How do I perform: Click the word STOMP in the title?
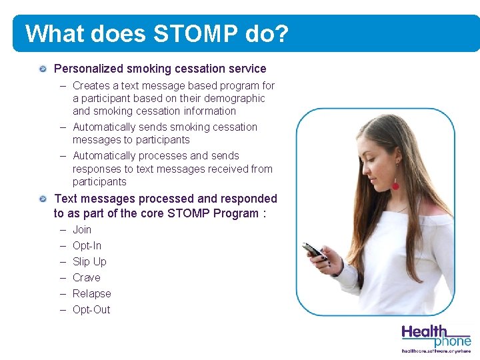[191, 33]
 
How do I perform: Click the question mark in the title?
[281, 33]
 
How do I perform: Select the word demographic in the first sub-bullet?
[236, 98]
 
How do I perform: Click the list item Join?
[82, 230]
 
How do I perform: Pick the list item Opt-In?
[87, 246]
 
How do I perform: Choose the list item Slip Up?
[89, 262]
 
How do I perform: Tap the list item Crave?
[87, 278]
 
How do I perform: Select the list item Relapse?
[92, 294]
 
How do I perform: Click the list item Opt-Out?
[91, 310]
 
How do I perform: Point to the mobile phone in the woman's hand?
[313, 251]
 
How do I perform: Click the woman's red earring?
[395, 185]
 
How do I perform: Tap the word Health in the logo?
[425, 331]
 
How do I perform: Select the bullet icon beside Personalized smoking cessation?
[43, 69]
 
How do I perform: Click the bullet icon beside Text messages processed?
[43, 199]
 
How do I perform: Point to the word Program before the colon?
[236, 213]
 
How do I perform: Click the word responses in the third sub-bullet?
[95, 169]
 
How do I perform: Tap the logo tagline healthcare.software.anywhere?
[436, 351]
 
